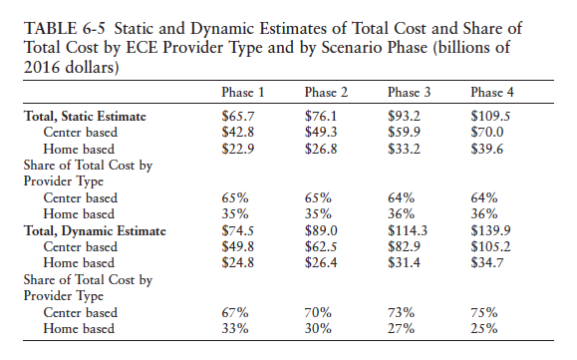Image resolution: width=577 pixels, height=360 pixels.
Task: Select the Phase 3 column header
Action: point(409,93)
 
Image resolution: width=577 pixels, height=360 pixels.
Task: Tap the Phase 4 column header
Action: point(491,93)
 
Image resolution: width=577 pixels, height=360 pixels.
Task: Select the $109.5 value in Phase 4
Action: point(490,117)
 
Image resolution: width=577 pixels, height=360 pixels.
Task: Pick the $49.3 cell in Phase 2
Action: point(320,132)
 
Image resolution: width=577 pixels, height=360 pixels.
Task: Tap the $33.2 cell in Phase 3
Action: point(404,148)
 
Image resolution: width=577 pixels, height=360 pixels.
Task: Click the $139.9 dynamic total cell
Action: point(490,231)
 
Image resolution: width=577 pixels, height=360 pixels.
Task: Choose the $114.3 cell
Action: point(407,231)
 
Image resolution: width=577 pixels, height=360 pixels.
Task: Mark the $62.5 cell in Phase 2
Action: point(320,246)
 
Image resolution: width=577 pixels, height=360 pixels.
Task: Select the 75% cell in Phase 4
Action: point(484,313)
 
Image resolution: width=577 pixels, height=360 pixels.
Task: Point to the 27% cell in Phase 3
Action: point(401,329)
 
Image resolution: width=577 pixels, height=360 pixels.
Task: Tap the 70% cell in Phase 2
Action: point(317,313)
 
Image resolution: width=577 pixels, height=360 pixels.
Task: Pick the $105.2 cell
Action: point(490,246)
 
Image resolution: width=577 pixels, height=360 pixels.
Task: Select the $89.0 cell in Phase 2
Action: point(320,231)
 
